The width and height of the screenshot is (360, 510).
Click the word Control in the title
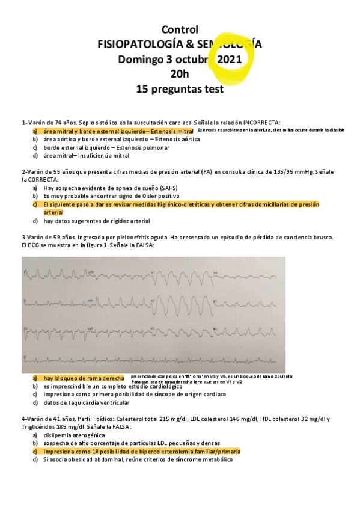pyautogui.click(x=180, y=29)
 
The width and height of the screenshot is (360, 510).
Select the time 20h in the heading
pyautogui.click(x=180, y=75)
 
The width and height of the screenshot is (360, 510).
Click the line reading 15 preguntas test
pyautogui.click(x=180, y=90)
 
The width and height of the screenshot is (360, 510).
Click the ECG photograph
pyautogui.click(x=153, y=315)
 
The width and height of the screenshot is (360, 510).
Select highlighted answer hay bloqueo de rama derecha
pyautogui.click(x=84, y=378)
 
